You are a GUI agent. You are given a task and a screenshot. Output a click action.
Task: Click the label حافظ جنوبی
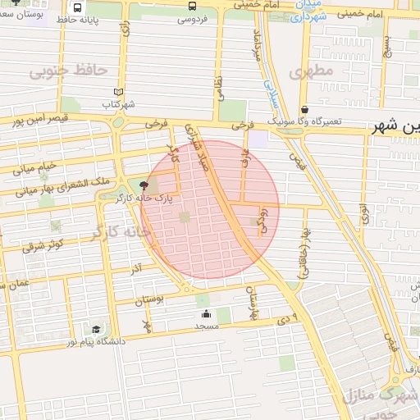coord(69,71)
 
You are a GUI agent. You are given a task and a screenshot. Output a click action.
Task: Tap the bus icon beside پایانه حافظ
coord(77,7)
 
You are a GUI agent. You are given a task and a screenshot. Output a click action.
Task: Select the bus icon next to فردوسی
coord(192,7)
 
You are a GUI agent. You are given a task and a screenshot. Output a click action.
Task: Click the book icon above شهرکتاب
coord(119,92)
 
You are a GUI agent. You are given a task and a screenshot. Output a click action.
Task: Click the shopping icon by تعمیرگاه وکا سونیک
coord(304,109)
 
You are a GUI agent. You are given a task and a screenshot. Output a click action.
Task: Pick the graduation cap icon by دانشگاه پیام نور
coord(96,329)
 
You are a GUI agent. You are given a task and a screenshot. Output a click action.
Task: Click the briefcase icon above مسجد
coord(204,314)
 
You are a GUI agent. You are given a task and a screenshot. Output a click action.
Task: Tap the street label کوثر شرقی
coord(43,244)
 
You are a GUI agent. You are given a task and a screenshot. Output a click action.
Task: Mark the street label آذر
coord(136,268)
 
